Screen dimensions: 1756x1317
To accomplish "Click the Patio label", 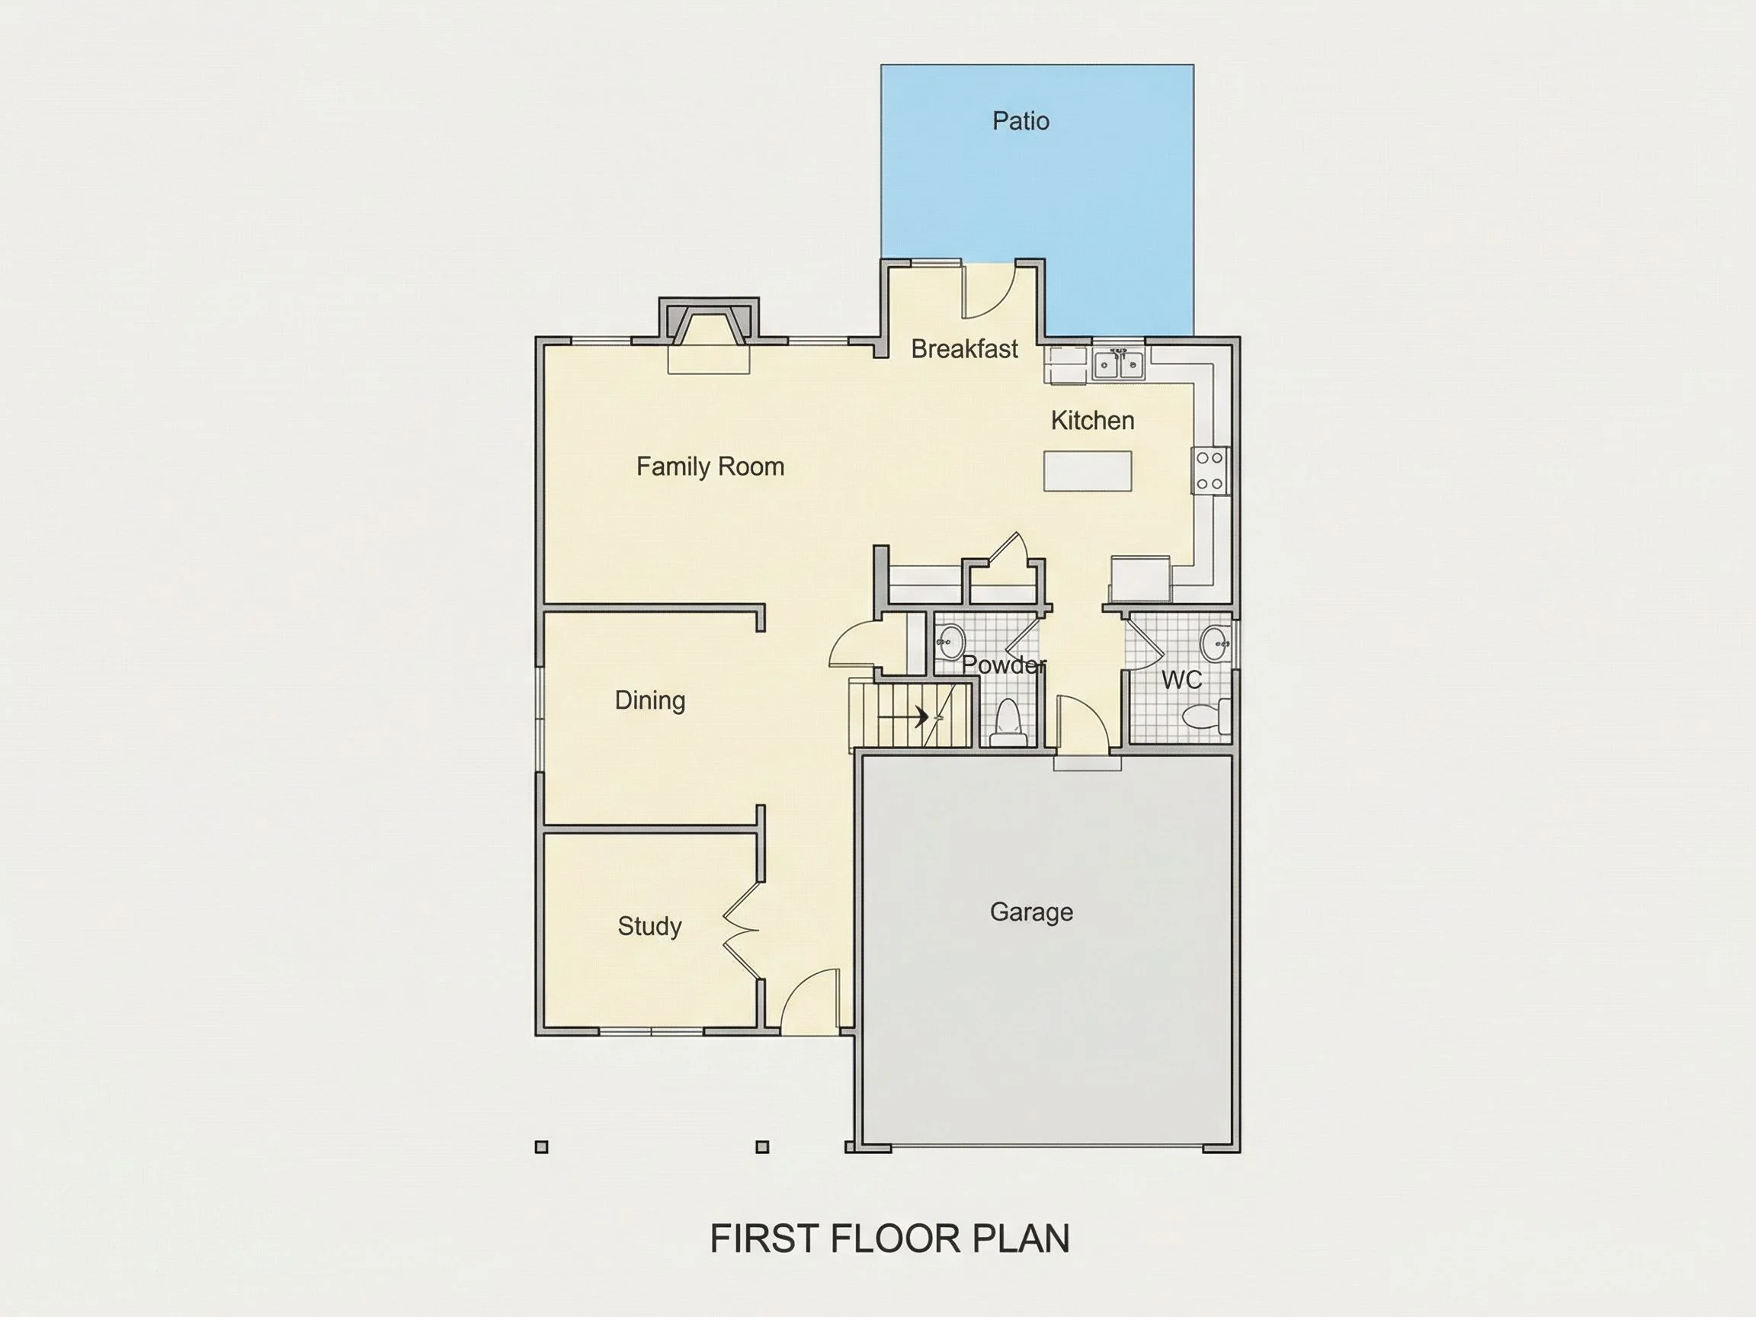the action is click(x=1021, y=120).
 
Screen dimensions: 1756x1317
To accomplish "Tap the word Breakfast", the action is click(x=965, y=348).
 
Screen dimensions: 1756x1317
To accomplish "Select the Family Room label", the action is click(x=710, y=466).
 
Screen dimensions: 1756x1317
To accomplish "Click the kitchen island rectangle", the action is click(x=1088, y=471).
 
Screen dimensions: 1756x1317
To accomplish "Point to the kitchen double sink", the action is click(x=1119, y=365).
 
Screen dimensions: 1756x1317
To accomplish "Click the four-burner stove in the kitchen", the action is click(x=1210, y=471).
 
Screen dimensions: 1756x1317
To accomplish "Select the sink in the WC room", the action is click(x=1215, y=643).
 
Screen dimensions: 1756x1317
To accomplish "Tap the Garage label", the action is click(x=1031, y=912).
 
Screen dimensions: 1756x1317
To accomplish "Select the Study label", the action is click(x=649, y=925).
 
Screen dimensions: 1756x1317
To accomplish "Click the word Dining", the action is click(x=650, y=700).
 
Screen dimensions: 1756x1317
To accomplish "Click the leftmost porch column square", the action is click(x=541, y=1146).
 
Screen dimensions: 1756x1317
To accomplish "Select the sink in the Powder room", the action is click(x=950, y=642).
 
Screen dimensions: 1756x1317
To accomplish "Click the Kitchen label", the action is click(x=1092, y=420).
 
